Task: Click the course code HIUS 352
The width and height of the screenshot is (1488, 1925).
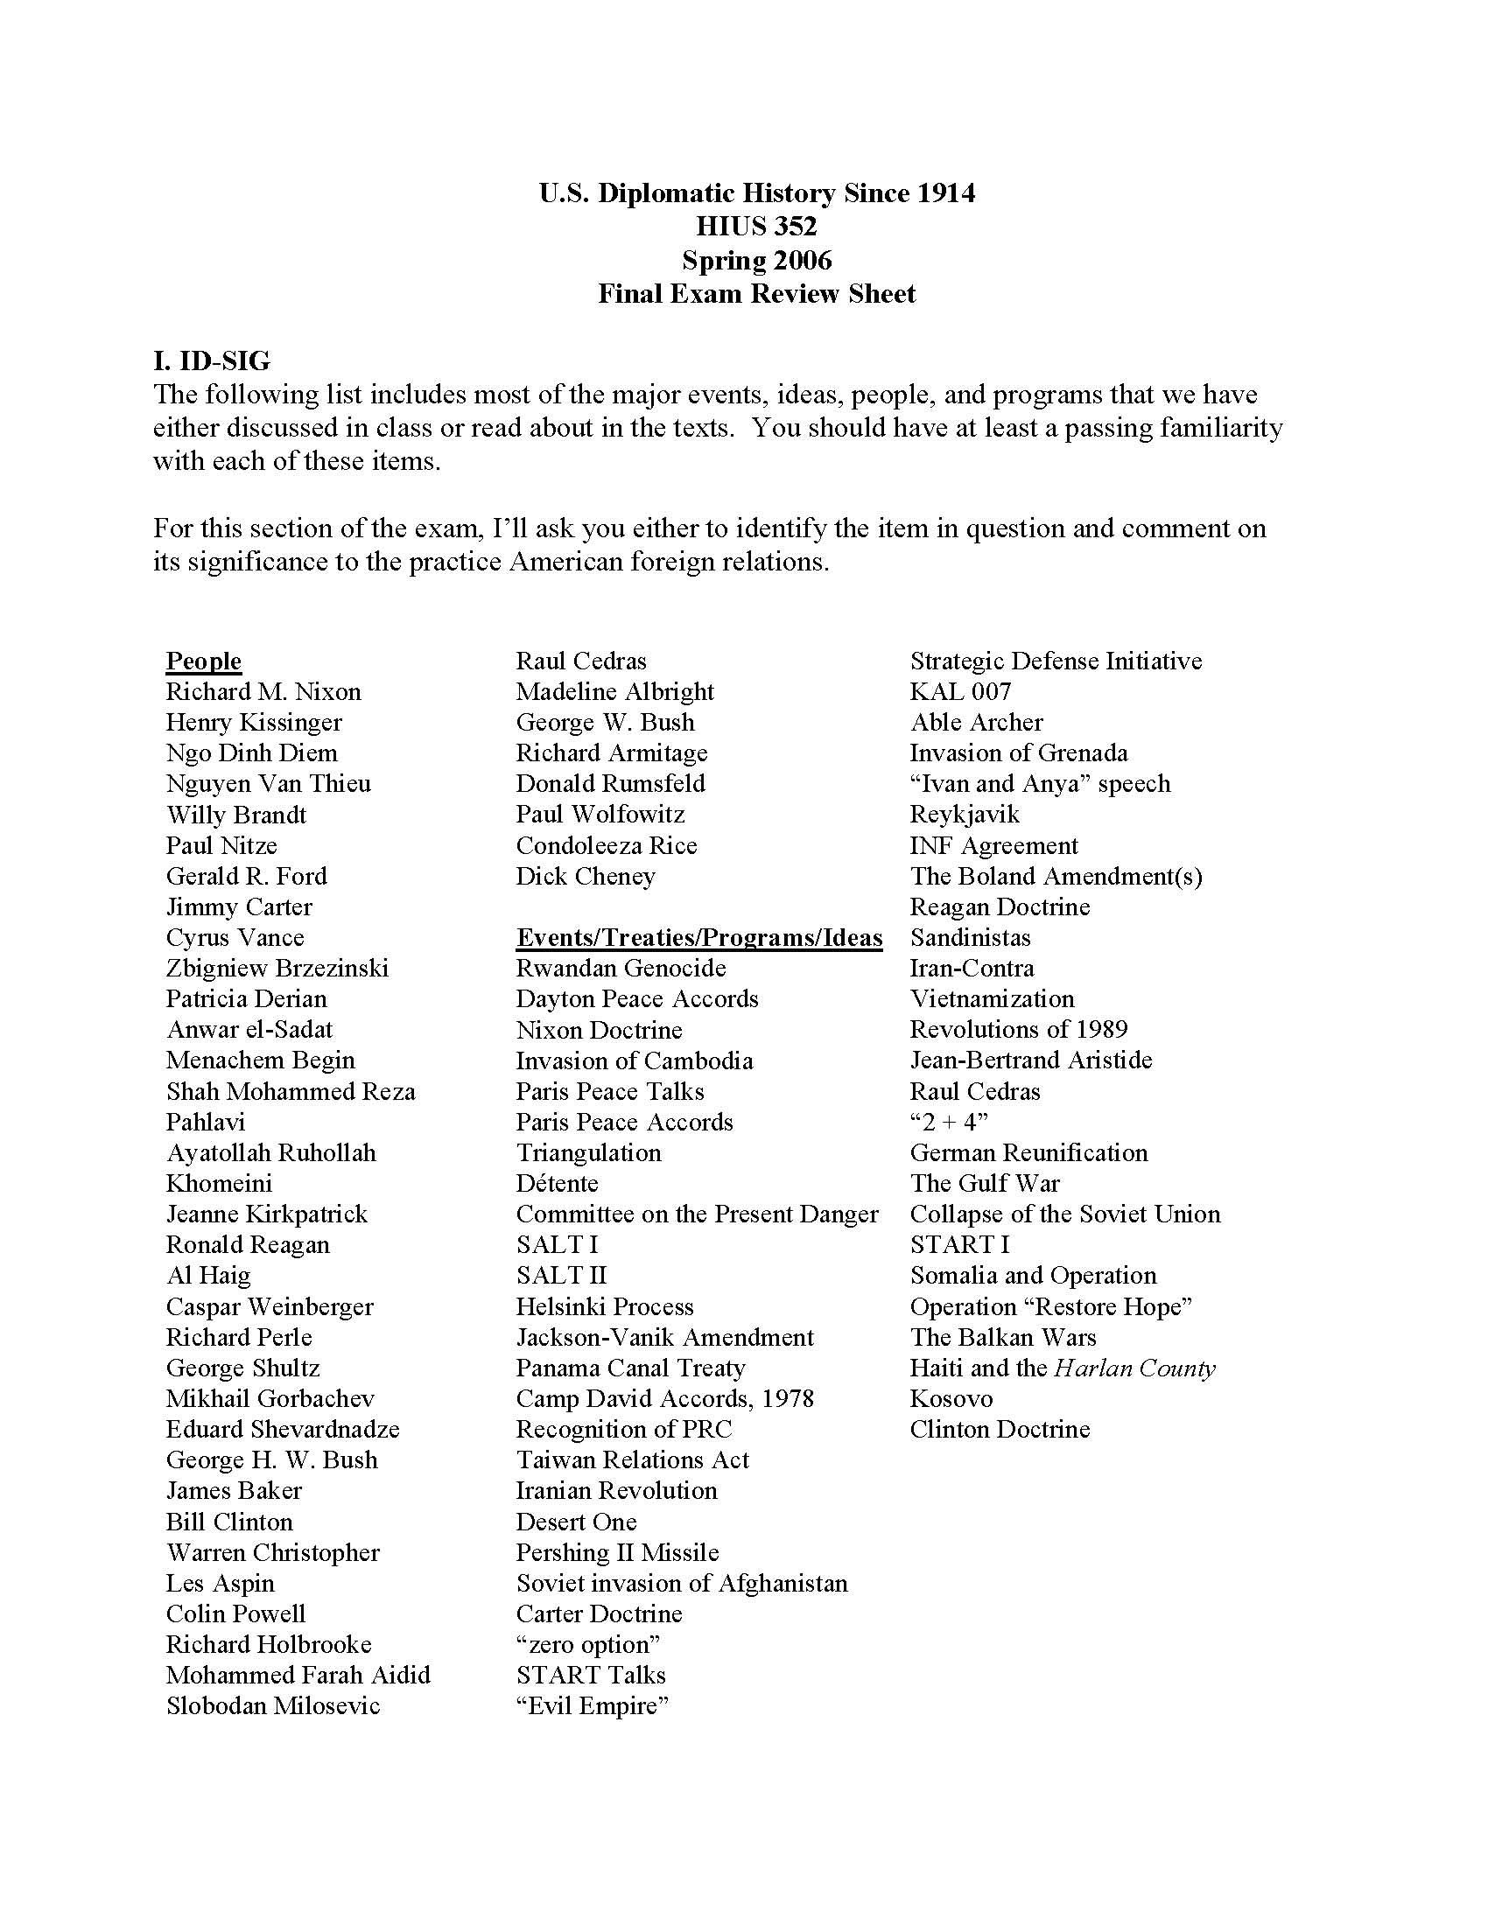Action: tap(756, 227)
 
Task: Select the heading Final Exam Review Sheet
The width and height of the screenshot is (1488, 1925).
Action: tap(756, 293)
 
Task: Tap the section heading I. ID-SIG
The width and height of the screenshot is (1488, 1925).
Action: tap(212, 360)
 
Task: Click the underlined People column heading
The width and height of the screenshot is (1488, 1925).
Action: tap(204, 661)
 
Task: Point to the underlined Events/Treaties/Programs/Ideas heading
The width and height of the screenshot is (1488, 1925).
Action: tap(699, 938)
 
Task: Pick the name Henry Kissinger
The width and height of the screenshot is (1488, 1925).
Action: tap(254, 723)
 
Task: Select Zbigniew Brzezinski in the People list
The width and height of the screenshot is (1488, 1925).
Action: tap(277, 969)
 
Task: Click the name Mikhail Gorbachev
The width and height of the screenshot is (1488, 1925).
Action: tap(270, 1399)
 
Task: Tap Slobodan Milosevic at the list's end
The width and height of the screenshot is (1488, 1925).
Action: tap(273, 1705)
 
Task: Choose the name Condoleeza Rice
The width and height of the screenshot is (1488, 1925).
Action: tap(607, 846)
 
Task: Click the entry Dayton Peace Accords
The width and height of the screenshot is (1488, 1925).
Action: tap(637, 999)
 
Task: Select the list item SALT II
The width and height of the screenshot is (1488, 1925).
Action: tap(562, 1277)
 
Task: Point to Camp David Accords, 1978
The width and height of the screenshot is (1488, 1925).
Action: tap(664, 1399)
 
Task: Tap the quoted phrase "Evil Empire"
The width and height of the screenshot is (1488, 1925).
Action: tap(593, 1705)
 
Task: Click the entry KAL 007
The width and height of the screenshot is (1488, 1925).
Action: tap(960, 692)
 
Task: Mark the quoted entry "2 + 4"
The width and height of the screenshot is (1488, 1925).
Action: tap(949, 1123)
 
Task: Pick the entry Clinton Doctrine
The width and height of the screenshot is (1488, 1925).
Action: tap(1000, 1430)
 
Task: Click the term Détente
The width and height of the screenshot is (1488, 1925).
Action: tap(557, 1184)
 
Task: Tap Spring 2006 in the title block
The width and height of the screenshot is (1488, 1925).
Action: tap(756, 260)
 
